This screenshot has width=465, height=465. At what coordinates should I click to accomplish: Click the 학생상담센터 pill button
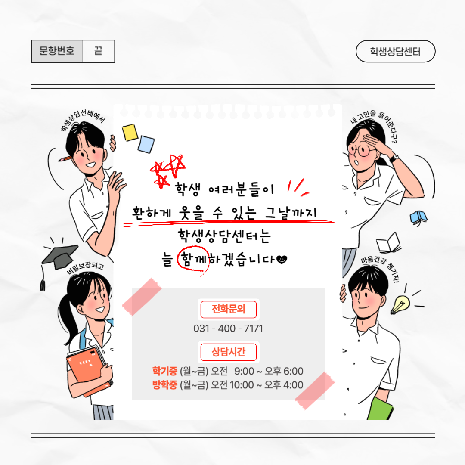[x=395, y=51]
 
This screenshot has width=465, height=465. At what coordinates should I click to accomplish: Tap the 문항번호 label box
[x=57, y=51]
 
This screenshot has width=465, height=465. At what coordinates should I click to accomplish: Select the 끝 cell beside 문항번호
[x=98, y=51]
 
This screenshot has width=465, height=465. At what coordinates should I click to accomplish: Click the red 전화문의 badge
[x=228, y=309]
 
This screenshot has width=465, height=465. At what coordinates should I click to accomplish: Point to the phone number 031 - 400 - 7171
[x=228, y=329]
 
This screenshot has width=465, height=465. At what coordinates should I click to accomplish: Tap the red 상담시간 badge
[x=228, y=352]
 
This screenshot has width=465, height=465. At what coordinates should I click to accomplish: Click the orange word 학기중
[x=164, y=371]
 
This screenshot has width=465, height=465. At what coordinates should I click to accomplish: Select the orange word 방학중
[x=164, y=385]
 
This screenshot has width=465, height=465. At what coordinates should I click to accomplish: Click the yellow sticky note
[x=130, y=132]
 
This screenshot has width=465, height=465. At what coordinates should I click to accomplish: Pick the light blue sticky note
[x=146, y=144]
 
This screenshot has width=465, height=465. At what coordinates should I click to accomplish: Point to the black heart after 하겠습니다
[x=282, y=260]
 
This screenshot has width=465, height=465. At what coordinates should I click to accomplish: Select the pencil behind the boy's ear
[x=65, y=158]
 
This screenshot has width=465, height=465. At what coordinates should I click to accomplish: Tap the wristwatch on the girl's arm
[x=394, y=158]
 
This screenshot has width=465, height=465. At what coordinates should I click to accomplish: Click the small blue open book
[x=418, y=218]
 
